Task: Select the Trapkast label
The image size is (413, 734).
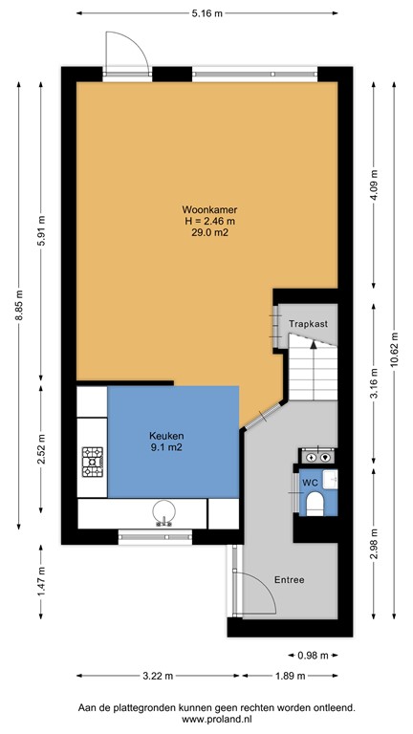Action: (x=309, y=324)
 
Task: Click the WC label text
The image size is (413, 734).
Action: (x=310, y=483)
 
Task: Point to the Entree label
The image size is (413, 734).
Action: (x=291, y=580)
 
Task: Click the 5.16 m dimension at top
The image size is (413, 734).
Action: (x=206, y=13)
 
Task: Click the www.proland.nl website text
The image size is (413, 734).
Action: (x=206, y=719)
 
